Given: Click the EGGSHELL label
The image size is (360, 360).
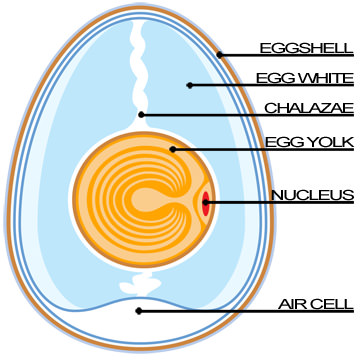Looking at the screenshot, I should click(x=305, y=47).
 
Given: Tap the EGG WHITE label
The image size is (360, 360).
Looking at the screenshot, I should click(x=305, y=77).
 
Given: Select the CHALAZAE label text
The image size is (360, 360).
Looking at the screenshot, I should click(x=308, y=108).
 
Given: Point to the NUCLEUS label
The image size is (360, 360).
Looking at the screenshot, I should click(x=312, y=194).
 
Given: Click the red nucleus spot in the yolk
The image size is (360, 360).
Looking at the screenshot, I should click(x=205, y=204).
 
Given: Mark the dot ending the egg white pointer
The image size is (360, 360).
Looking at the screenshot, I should click(x=189, y=84).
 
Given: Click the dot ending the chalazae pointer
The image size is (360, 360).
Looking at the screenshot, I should click(x=142, y=114).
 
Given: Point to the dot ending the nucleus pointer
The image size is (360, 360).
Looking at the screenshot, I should click(x=206, y=203).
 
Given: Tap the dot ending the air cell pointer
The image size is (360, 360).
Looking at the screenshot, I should click(x=138, y=310).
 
